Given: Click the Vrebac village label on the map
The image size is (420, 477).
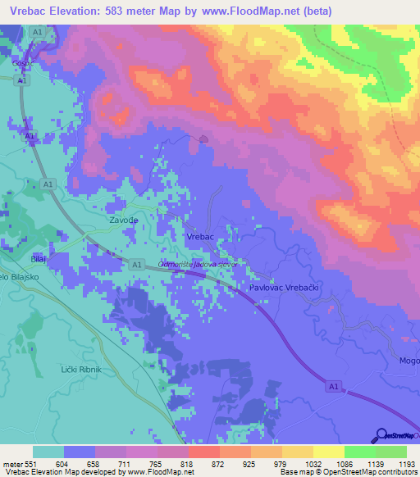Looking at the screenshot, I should click(x=200, y=237).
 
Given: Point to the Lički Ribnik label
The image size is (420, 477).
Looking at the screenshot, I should click(x=81, y=370).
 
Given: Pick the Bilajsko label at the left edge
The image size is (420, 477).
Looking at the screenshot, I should click(x=19, y=278).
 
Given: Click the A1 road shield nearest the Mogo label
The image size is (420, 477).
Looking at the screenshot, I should click(x=331, y=384).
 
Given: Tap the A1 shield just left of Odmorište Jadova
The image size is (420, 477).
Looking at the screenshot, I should click(x=136, y=264).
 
